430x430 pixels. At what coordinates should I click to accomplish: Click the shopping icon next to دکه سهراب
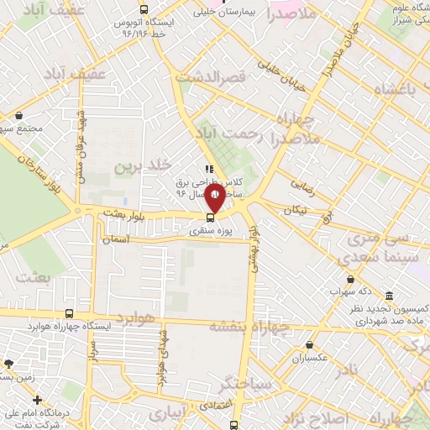pos(350,280)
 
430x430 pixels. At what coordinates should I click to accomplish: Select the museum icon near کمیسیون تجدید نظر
pos(389,296)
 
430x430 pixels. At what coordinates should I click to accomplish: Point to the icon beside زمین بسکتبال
pos(8,364)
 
